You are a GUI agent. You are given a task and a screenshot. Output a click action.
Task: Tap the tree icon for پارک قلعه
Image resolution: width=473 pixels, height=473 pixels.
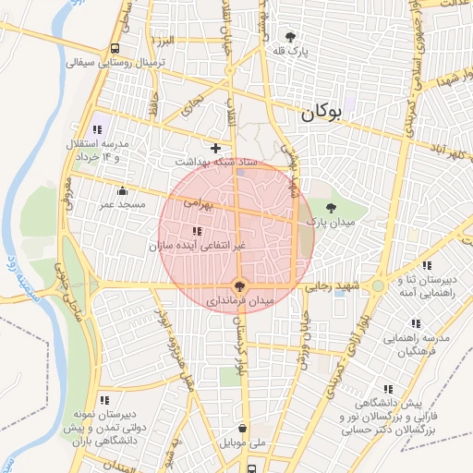(x=293, y=37)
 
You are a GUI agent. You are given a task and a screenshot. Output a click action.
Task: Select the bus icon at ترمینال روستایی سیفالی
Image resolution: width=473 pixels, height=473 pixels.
(x=115, y=49)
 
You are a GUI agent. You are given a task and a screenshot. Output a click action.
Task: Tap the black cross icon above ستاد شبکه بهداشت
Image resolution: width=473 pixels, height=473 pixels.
(x=216, y=148)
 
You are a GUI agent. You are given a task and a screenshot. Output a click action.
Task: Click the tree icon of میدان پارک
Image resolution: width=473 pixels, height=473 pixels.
(x=332, y=208)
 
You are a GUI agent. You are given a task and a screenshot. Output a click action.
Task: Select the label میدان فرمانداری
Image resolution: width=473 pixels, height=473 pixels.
(x=240, y=301)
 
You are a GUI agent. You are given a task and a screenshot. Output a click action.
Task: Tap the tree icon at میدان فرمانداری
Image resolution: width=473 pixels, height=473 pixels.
(x=240, y=286)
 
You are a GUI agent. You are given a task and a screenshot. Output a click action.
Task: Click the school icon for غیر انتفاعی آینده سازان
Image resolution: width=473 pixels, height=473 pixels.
(x=196, y=231)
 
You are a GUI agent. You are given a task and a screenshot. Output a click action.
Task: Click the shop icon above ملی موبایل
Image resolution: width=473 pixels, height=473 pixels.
(x=243, y=429)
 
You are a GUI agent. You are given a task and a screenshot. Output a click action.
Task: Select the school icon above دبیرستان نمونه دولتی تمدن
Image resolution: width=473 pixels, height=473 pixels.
(x=104, y=400)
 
